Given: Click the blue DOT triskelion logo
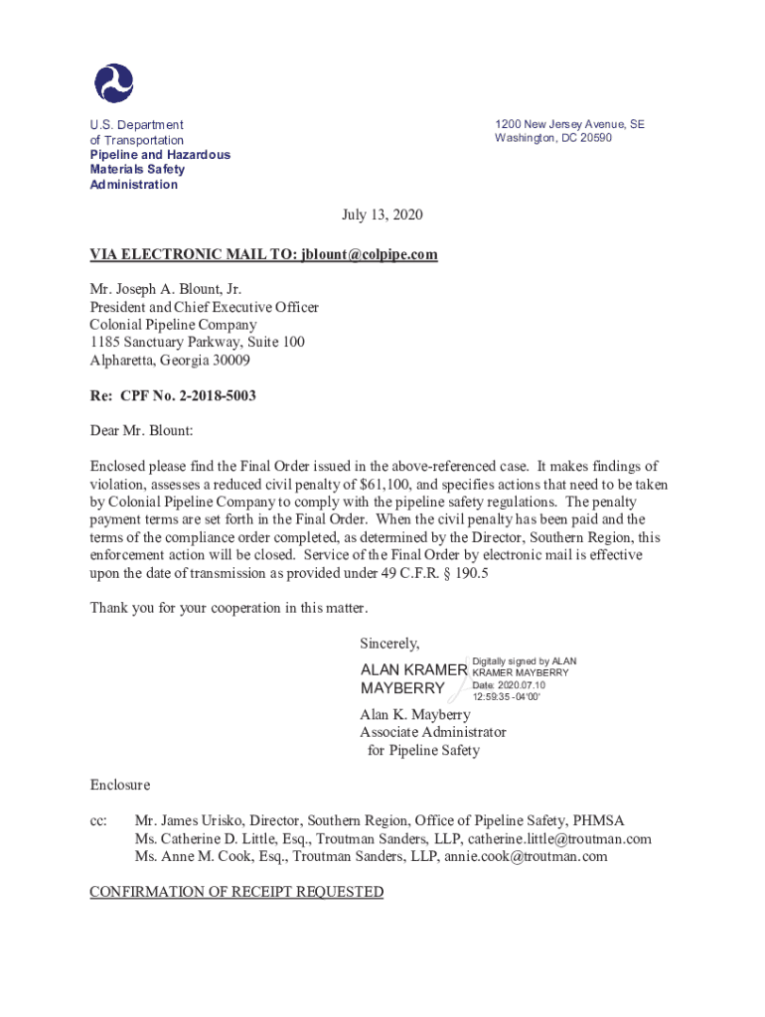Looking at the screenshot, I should (x=113, y=82).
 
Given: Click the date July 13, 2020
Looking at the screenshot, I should (x=382, y=216).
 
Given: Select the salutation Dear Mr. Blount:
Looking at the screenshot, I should (x=141, y=431).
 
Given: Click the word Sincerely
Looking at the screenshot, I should (x=389, y=643).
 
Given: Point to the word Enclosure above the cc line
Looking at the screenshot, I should (x=120, y=786).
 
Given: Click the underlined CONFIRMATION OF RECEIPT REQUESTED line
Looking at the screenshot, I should (x=236, y=892).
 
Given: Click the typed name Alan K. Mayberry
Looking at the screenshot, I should (x=414, y=715).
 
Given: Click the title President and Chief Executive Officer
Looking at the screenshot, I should (x=204, y=307).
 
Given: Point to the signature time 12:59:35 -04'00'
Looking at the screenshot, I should (x=507, y=697).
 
